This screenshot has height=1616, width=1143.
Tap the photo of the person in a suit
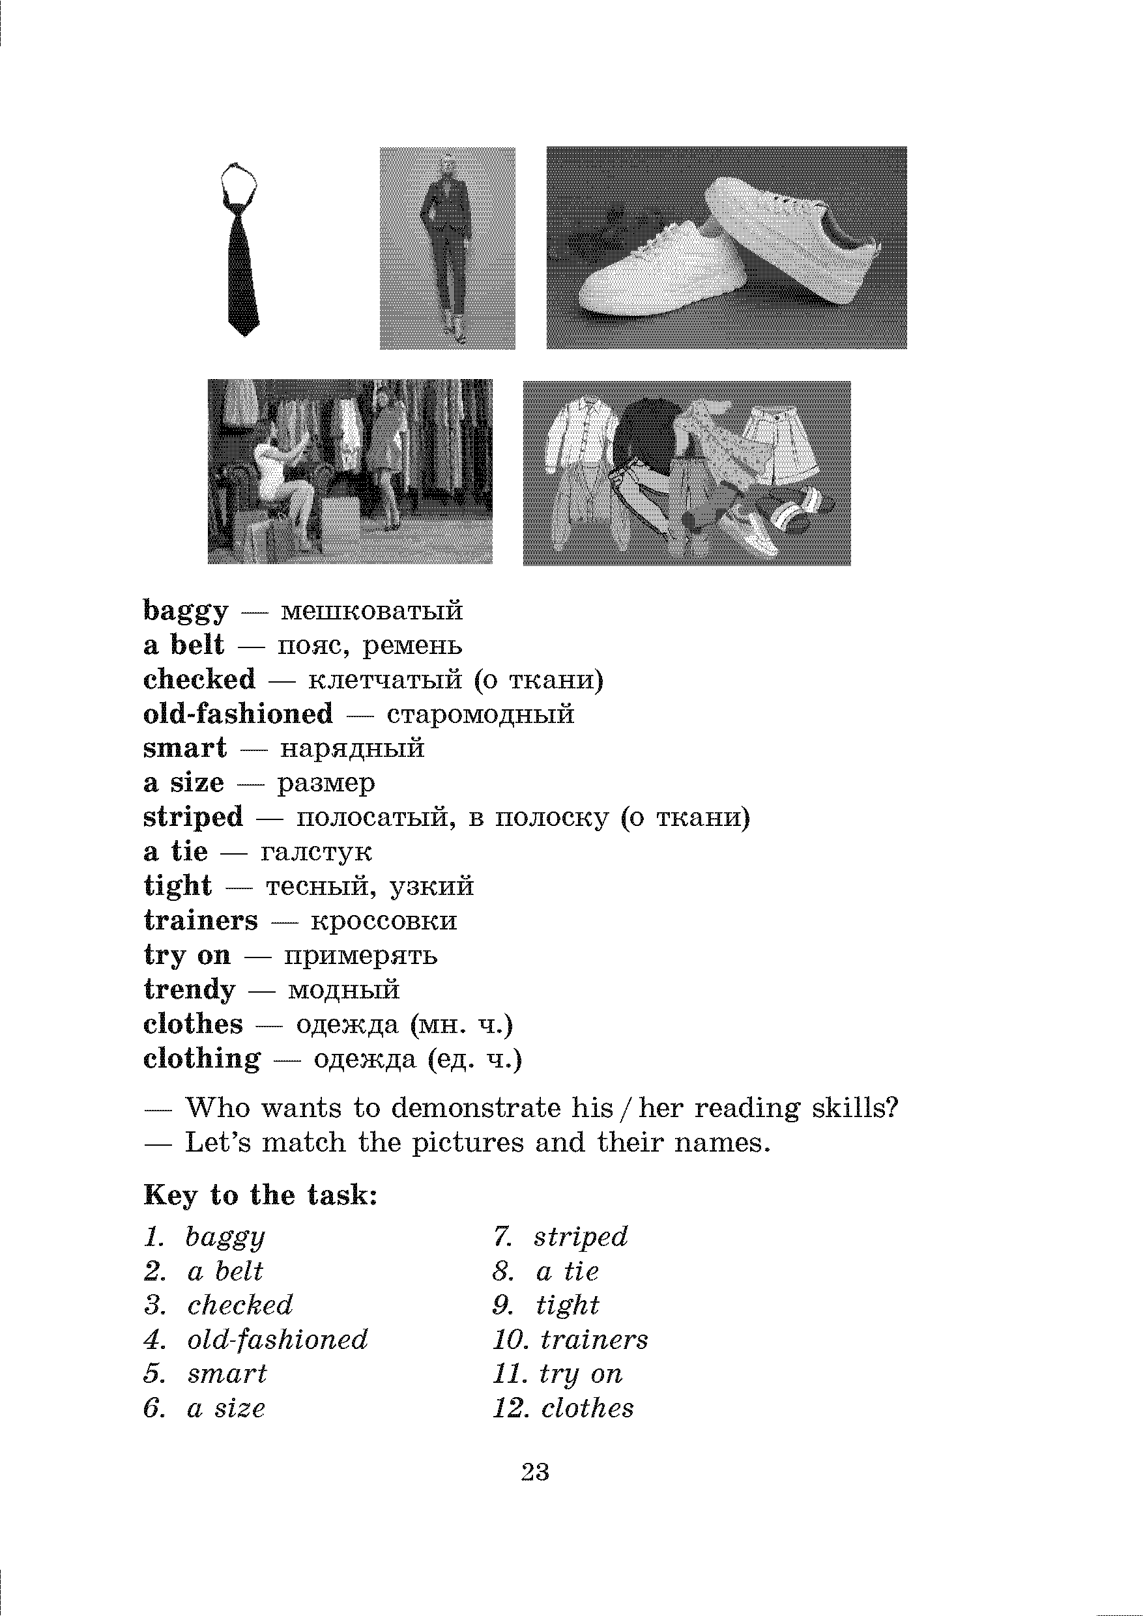447,248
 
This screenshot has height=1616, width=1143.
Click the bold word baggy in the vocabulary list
186,611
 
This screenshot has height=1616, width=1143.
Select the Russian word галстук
315,853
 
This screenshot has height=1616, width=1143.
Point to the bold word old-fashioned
238,715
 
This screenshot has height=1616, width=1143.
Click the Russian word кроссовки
384,921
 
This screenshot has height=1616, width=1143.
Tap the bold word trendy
190,990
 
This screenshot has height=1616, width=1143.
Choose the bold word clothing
202,1059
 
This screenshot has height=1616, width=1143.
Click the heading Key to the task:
261,1195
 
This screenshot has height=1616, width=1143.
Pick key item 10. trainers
570,1340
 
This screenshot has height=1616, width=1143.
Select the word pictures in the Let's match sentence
468,1143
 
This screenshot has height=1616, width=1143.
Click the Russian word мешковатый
372,611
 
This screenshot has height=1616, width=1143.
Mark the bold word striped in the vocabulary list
193,818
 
